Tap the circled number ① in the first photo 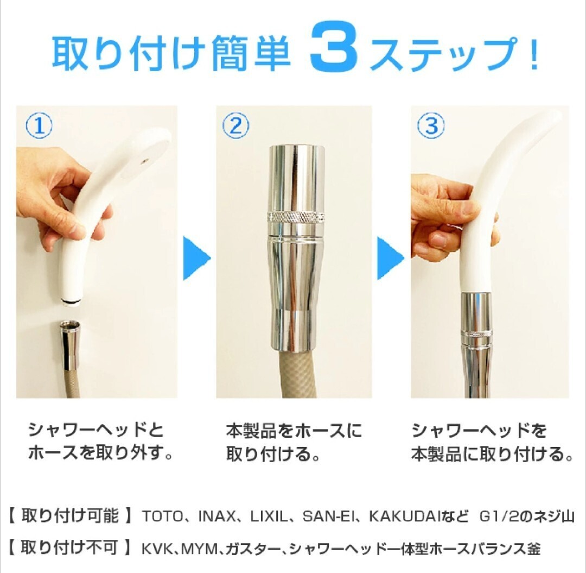coord(39,125)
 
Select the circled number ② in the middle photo coord(235,125)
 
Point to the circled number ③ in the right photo coord(431,125)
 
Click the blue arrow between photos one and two coord(196,258)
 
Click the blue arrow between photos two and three coord(390,258)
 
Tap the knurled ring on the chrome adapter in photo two coord(296,217)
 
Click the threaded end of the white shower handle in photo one coord(72,302)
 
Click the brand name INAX coord(217,517)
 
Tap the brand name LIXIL coord(269,517)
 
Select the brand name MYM coord(201,549)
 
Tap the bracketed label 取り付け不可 coord(69,547)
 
